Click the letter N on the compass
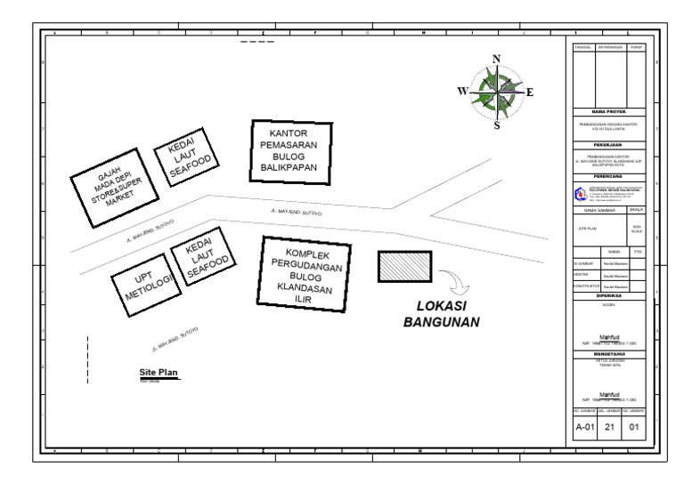point(496,59)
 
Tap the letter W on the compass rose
point(462,90)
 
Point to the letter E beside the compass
point(530,91)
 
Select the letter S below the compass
point(496,125)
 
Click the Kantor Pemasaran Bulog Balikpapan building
point(288,151)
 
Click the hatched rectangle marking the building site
point(405,266)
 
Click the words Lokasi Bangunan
point(442,313)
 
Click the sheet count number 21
point(611,428)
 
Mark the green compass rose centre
point(496,91)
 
